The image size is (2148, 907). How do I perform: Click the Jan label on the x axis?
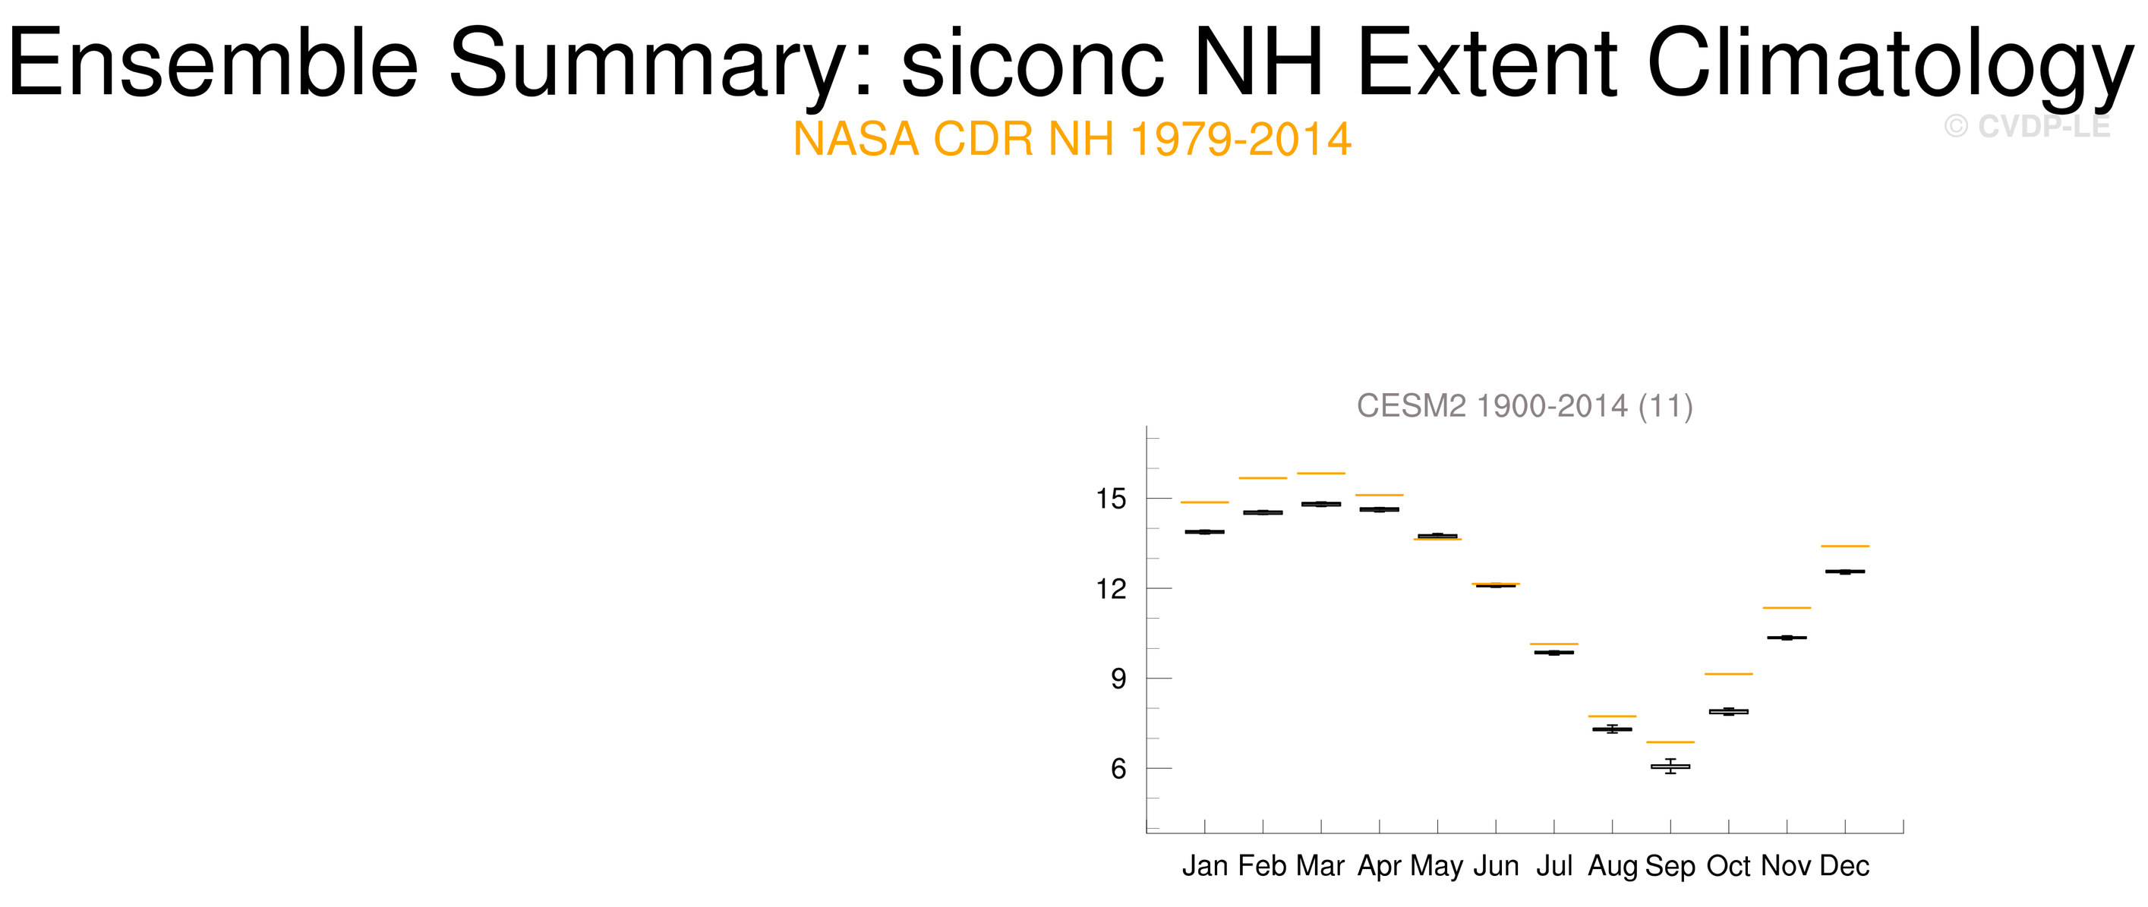1205,866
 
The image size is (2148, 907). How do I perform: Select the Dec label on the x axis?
1844,866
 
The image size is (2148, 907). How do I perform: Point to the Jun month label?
1496,866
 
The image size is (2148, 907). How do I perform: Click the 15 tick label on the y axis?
1111,499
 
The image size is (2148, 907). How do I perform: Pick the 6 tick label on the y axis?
1118,769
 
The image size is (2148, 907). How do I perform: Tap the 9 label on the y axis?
1118,679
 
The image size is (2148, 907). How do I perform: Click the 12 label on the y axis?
1111,588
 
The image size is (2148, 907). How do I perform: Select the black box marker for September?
1670,766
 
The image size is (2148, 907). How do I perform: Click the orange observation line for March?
1321,474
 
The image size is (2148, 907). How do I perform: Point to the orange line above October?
1729,673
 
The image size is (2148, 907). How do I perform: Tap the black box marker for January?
1205,532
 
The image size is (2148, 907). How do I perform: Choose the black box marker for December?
1844,572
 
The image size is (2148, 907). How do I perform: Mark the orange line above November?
1787,608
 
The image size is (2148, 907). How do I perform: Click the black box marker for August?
1612,729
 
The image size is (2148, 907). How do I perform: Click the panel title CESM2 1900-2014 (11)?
1525,406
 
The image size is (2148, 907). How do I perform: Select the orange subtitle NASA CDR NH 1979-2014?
1072,139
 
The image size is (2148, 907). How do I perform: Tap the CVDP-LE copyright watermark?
2027,127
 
